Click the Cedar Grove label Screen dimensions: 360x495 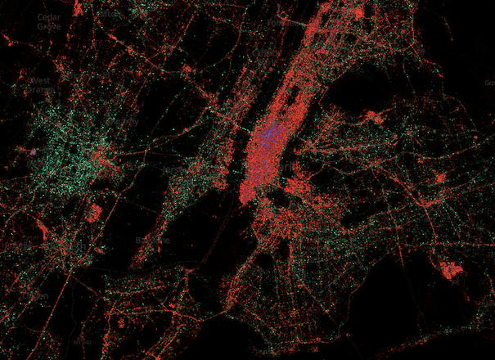click(48, 21)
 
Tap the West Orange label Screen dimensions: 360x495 click(40, 85)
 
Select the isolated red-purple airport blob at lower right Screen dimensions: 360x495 click(451, 269)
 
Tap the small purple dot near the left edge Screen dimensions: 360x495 click(34, 151)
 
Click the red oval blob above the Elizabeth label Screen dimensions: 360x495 click(95, 213)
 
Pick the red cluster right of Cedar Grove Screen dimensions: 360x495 click(78, 10)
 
